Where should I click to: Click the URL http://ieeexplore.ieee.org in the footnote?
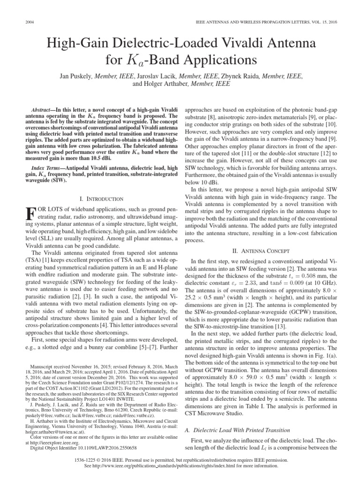tap(57, 442)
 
